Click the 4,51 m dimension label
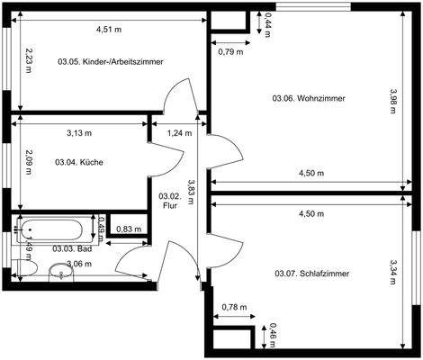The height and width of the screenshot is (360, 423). (110, 29)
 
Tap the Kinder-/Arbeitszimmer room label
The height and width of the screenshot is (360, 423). (103, 63)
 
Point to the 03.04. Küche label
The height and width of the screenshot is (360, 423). (79, 162)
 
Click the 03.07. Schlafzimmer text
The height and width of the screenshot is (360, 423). (312, 273)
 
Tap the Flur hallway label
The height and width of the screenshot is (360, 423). (169, 201)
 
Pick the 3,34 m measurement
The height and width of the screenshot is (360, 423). (393, 271)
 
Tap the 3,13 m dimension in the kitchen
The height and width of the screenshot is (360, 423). (79, 133)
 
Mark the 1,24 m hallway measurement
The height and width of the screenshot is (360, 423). (180, 133)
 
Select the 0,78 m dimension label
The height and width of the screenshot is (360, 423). (233, 308)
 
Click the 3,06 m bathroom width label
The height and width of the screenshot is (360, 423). (80, 263)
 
